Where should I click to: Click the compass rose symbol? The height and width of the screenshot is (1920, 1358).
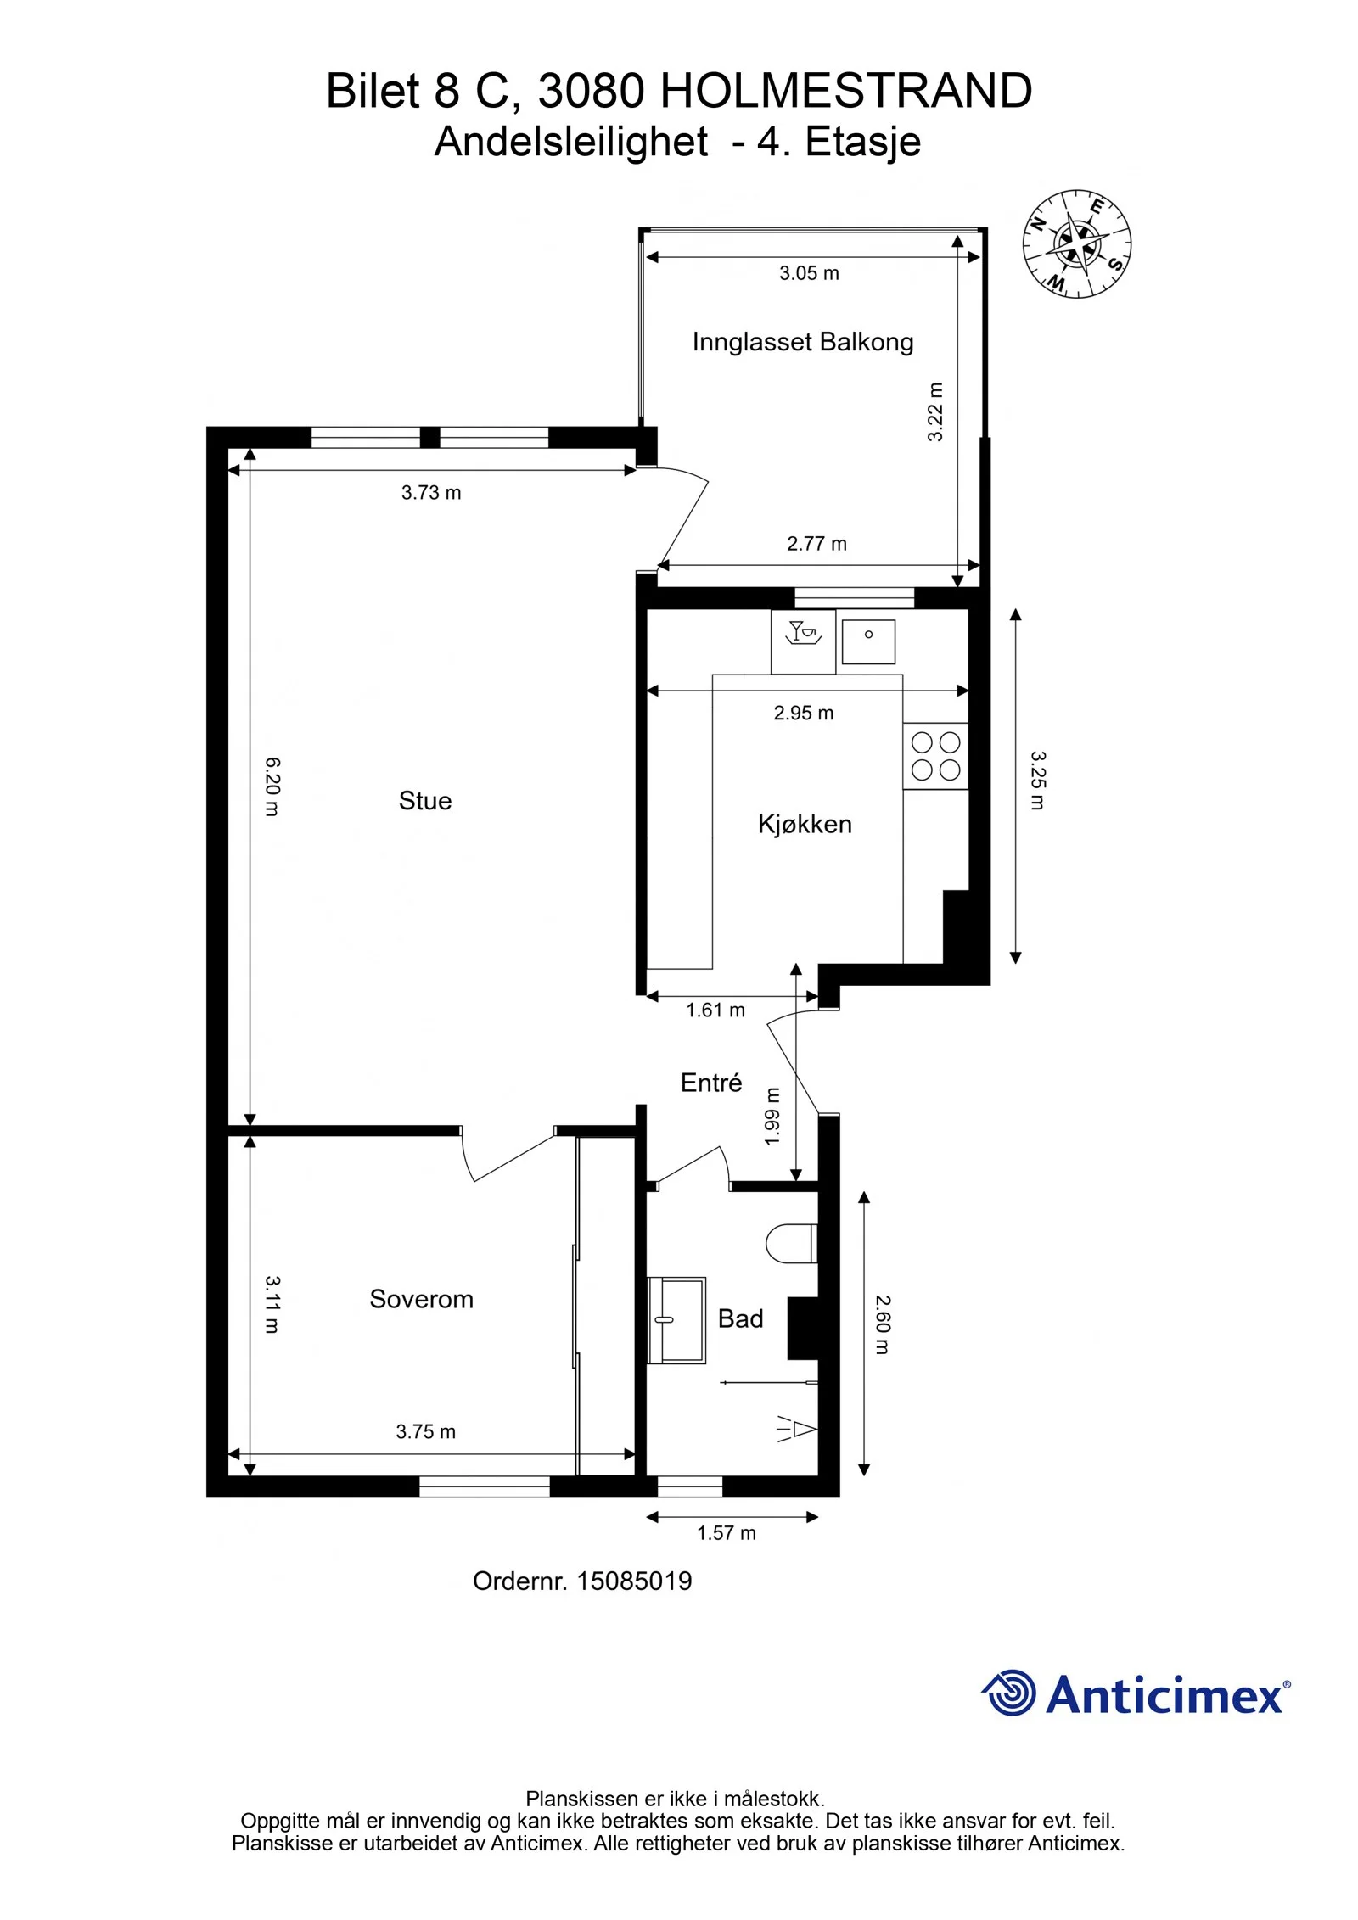tap(1076, 243)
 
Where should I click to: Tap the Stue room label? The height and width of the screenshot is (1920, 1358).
tap(425, 800)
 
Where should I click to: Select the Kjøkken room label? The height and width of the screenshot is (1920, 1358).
tap(805, 824)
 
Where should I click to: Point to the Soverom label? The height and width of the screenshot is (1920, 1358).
tap(421, 1298)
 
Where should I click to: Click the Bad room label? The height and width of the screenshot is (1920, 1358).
tap(740, 1318)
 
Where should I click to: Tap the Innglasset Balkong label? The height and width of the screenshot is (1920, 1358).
tap(803, 342)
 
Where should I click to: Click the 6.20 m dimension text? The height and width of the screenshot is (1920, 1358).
tap(272, 786)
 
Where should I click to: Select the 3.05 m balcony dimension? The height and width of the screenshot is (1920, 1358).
tap(809, 273)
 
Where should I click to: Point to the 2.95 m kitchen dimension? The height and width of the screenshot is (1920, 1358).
tap(803, 713)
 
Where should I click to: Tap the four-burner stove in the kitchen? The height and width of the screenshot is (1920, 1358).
tap(935, 756)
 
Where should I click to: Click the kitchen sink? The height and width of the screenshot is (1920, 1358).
tap(868, 641)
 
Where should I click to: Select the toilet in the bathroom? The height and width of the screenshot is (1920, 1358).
tap(791, 1244)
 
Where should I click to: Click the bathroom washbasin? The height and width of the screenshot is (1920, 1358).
tap(676, 1320)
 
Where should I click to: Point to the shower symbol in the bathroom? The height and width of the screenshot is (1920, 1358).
tap(796, 1430)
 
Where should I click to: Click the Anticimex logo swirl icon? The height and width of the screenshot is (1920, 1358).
tap(1009, 1693)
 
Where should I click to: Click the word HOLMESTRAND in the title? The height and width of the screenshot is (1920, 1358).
tap(846, 91)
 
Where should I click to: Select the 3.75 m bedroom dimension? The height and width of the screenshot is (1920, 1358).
tap(425, 1431)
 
